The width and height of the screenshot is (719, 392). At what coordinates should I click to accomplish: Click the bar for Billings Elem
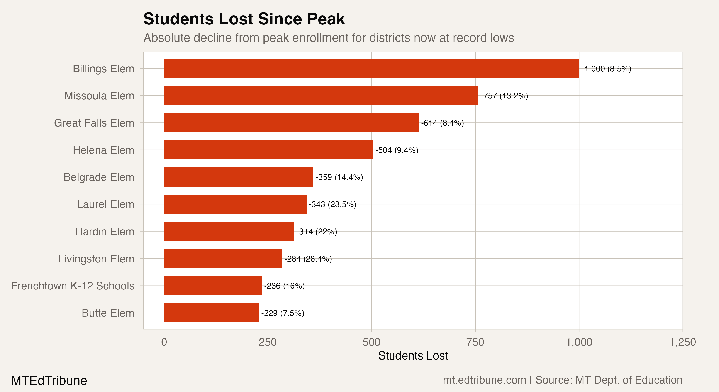[x=371, y=68]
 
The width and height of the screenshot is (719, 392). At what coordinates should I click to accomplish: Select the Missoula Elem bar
[x=321, y=95]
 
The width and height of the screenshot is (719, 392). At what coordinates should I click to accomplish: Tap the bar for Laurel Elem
[x=235, y=204]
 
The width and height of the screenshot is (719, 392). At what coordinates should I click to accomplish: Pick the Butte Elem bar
[x=212, y=313]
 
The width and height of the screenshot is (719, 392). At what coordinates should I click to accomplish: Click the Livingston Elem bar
[x=223, y=259]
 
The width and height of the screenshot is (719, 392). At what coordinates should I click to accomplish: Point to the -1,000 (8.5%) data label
[x=606, y=69]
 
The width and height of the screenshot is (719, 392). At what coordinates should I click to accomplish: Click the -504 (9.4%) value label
[x=397, y=150]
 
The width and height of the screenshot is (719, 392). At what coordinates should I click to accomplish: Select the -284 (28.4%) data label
[x=308, y=259]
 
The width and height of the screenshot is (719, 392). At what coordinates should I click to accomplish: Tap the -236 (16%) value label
[x=284, y=286]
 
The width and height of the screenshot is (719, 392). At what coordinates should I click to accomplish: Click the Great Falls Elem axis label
[x=94, y=123]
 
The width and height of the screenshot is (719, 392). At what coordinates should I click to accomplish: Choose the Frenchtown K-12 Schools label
[x=73, y=286]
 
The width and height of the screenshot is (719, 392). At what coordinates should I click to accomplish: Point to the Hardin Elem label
[x=105, y=231]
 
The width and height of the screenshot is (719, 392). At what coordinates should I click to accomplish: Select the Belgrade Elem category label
[x=99, y=177]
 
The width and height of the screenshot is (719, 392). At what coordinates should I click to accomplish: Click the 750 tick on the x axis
[x=475, y=342]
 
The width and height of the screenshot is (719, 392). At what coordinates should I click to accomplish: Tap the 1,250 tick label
[x=682, y=342]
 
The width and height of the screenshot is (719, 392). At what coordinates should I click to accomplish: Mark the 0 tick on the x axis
[x=164, y=342]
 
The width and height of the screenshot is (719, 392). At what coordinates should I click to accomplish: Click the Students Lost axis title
[x=413, y=356]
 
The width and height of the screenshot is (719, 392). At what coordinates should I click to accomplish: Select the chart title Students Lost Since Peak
[x=244, y=19]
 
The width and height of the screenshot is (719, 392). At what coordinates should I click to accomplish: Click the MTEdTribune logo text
[x=49, y=380]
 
